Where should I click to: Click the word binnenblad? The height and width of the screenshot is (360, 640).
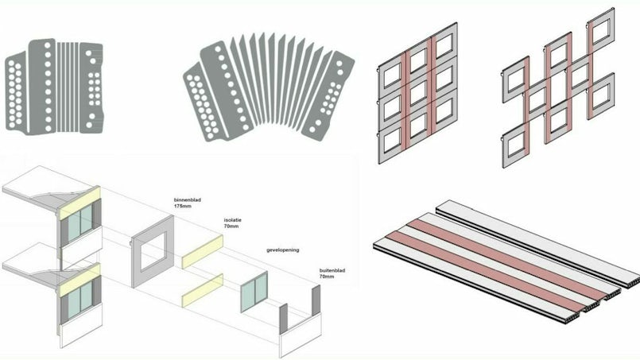188,200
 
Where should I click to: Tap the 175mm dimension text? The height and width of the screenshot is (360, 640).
182,206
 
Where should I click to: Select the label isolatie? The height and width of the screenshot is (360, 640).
233,220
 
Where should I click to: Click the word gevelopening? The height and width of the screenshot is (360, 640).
282,250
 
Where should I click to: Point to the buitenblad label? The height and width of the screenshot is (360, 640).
332,270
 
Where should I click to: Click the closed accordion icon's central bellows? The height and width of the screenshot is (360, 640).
68,87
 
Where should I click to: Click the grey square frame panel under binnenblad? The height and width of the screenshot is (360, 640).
153,251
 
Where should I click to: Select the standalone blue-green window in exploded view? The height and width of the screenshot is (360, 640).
254,292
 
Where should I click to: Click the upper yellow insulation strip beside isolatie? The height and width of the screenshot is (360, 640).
203,252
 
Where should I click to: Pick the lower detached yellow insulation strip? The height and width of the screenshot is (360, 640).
203,290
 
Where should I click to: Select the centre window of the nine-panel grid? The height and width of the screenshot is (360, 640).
418,94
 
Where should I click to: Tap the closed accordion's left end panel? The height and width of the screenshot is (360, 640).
16,93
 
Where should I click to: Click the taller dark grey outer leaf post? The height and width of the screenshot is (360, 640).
316,300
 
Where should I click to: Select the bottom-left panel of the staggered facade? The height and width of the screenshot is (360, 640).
515,145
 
